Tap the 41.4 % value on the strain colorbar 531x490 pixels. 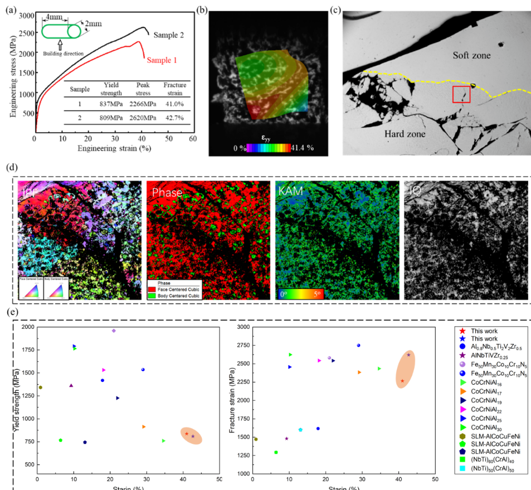pos(304,147)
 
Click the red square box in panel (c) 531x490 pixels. pos(461,94)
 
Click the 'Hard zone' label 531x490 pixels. pos(405,134)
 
